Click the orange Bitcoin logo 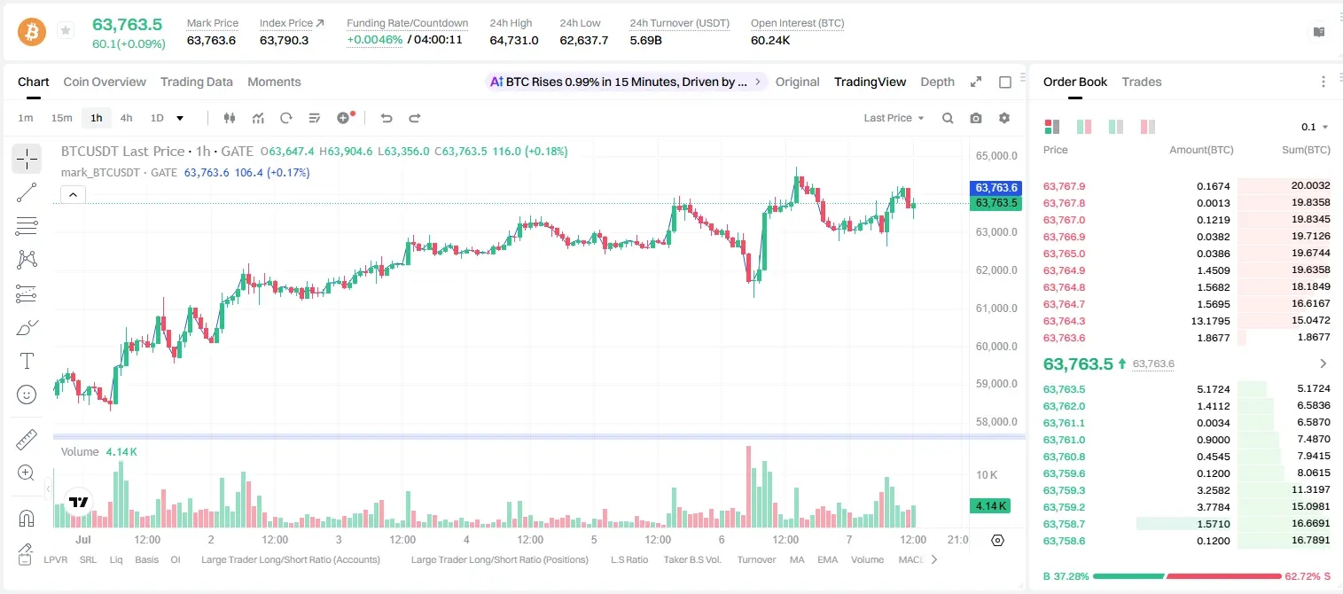click(x=32, y=32)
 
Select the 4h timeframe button click(x=126, y=118)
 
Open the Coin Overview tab click(x=105, y=82)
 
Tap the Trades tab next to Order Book click(x=1142, y=82)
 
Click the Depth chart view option click(x=937, y=82)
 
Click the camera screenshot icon click(x=976, y=118)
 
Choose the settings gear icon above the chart click(x=1004, y=118)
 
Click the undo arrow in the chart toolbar click(x=387, y=118)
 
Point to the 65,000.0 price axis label click(x=996, y=156)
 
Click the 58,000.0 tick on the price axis click(x=996, y=421)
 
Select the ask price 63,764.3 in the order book click(x=1065, y=321)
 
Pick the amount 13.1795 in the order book click(x=1210, y=321)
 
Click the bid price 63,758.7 click(x=1065, y=524)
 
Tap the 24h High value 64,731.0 click(x=514, y=40)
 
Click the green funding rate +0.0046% click(x=374, y=40)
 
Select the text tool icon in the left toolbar click(x=27, y=361)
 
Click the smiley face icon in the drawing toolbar click(x=27, y=395)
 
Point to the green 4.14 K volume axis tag click(x=990, y=506)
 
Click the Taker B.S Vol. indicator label click(x=691, y=559)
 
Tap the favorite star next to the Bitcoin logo click(x=66, y=30)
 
